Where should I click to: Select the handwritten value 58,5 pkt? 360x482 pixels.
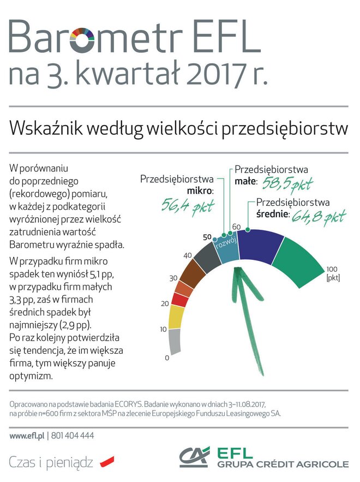287,184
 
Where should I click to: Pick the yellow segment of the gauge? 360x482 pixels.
176,317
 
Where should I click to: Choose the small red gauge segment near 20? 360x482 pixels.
181,299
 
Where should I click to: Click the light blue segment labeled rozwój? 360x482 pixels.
225,246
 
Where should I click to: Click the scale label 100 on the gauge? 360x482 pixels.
333,269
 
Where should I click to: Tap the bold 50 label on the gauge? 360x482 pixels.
207,237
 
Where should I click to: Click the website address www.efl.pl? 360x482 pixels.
27,436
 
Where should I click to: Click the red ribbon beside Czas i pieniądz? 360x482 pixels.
107,461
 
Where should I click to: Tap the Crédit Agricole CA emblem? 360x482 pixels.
195,457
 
